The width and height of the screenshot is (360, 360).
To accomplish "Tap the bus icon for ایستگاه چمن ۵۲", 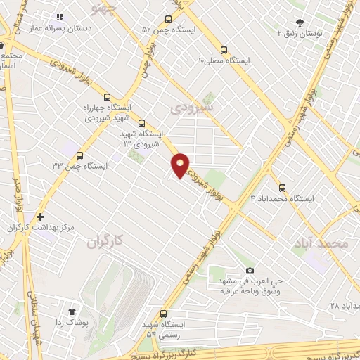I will pyautogui.click(x=168, y=20).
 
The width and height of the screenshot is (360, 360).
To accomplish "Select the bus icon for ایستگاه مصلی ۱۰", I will pyautogui.click(x=224, y=50).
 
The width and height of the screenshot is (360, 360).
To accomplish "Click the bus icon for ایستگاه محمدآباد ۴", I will pyautogui.click(x=282, y=188).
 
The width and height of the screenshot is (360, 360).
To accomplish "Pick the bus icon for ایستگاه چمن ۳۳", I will pyautogui.click(x=79, y=155).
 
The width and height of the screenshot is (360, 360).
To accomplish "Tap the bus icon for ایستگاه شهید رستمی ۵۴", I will pyautogui.click(x=164, y=314).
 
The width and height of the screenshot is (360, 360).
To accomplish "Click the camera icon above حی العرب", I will pyautogui.click(x=250, y=271).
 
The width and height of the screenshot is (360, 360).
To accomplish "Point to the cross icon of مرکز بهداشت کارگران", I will pyautogui.click(x=40, y=217).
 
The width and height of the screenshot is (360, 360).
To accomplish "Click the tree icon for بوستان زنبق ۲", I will pyautogui.click(x=300, y=22).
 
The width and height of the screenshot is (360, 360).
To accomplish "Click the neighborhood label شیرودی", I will pyautogui.click(x=186, y=108).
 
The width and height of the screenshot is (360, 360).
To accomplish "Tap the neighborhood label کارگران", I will pyautogui.click(x=104, y=242).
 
